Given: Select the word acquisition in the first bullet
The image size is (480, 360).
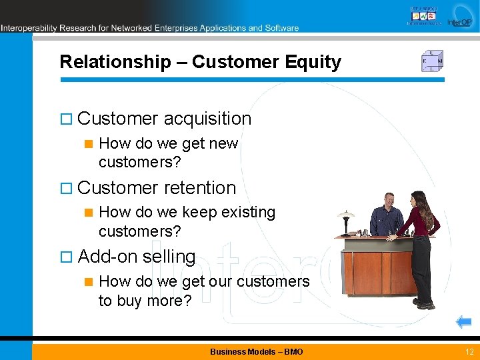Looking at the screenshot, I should [x=207, y=119].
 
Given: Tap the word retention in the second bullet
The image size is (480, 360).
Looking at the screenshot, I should [x=200, y=188].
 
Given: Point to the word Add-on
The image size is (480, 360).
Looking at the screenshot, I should [x=103, y=257].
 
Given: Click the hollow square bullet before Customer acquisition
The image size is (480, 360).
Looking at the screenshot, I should [x=65, y=119].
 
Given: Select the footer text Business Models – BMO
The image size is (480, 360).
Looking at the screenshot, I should [x=256, y=351].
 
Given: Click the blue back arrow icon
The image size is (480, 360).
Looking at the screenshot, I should [x=463, y=323].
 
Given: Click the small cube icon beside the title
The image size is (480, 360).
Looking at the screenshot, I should [x=432, y=61].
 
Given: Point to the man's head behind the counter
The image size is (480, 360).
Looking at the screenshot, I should [x=388, y=199].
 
